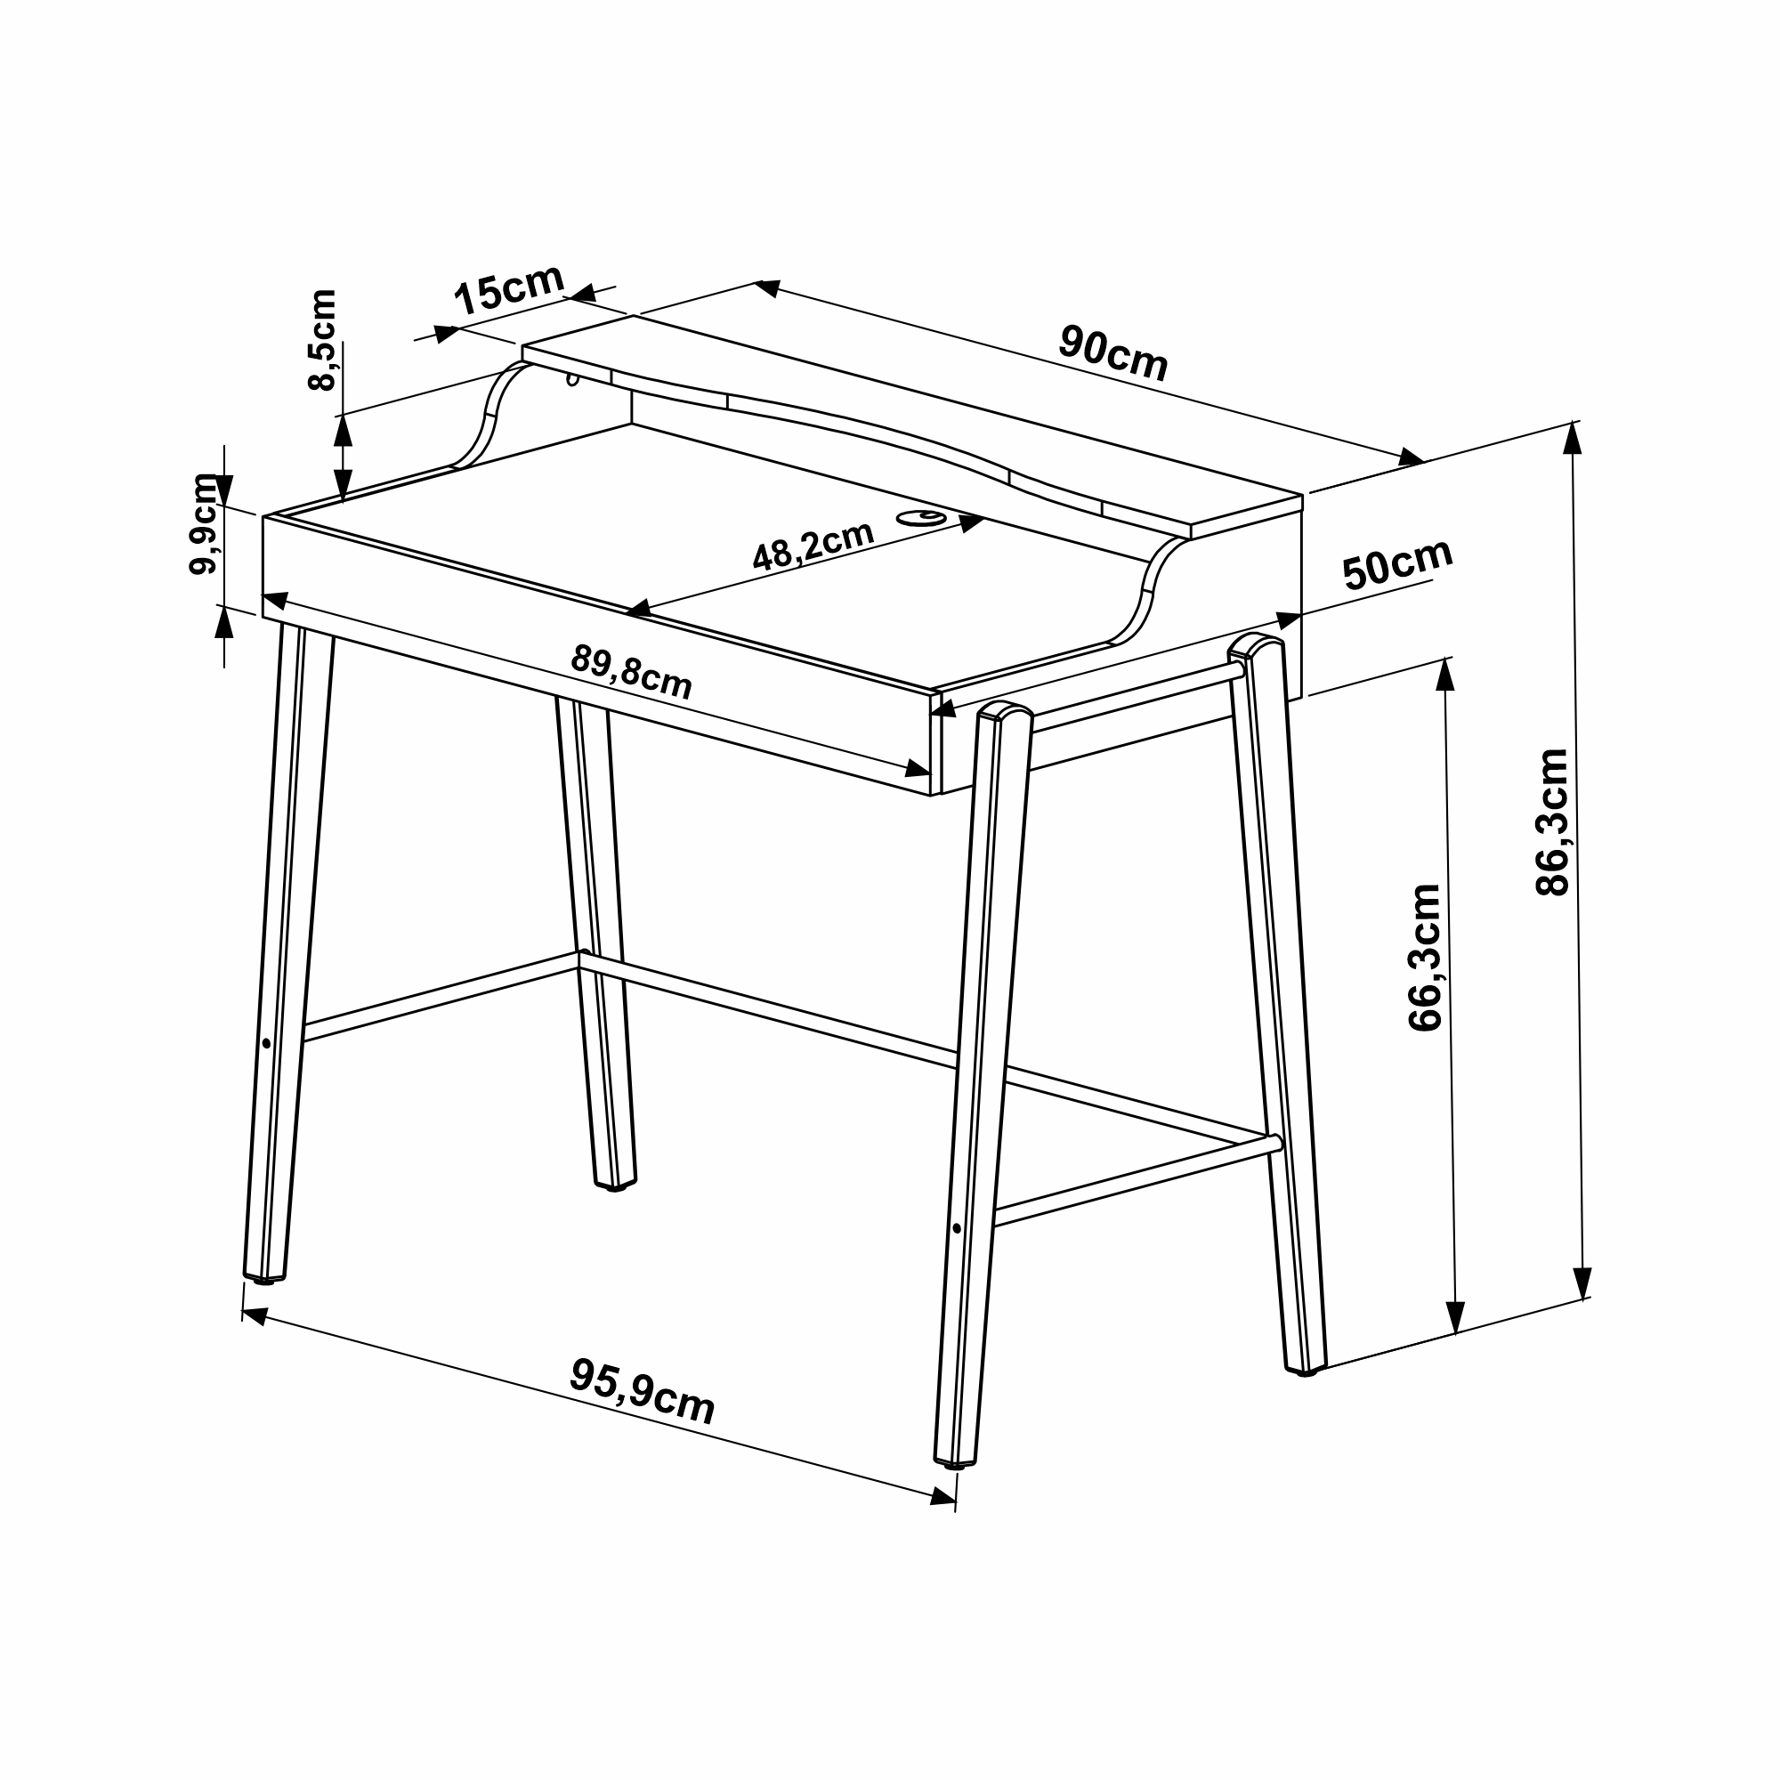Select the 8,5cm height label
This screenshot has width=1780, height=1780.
click(322, 340)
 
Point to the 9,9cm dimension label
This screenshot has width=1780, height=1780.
click(203, 524)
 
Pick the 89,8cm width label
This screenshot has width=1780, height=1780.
click(631, 671)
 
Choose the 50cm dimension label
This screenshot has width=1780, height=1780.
click(1397, 563)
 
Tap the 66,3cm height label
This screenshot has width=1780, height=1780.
click(1424, 958)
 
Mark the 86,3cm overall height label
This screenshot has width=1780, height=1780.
click(1552, 821)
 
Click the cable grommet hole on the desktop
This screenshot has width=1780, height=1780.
click(923, 517)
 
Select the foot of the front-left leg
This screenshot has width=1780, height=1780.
click(264, 1279)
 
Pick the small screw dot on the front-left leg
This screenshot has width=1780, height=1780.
click(266, 1044)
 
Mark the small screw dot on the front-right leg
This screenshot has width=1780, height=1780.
click(958, 1228)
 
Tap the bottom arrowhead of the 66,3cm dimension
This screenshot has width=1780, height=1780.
click(1456, 1318)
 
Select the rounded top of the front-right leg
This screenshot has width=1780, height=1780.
click(1004, 711)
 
